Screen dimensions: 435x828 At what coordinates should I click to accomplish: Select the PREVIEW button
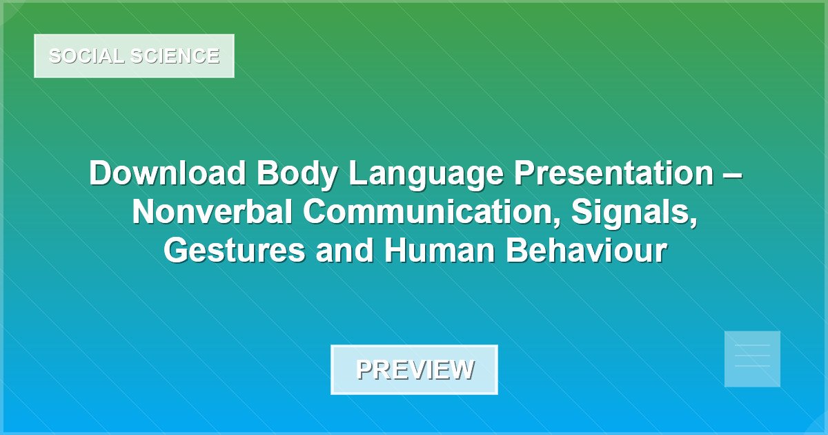(x=414, y=369)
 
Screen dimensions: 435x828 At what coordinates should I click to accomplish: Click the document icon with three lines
(x=752, y=358)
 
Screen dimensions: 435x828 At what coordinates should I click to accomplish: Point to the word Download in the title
(x=168, y=173)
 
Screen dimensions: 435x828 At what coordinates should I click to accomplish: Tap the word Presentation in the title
(x=613, y=173)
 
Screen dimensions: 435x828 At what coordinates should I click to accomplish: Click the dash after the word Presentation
(x=731, y=175)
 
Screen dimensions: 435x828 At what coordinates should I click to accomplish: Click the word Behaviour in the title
(x=585, y=251)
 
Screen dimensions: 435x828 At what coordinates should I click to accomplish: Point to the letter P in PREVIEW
(x=364, y=369)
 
